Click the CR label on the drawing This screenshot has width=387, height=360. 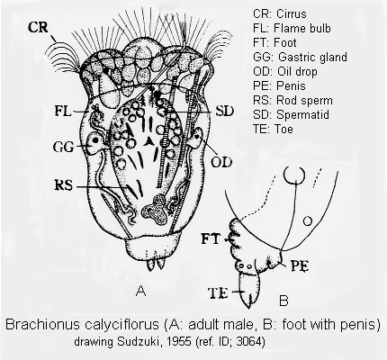38,27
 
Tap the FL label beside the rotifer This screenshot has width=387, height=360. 63,112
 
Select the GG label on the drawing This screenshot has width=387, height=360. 63,147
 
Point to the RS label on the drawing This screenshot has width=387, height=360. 64,185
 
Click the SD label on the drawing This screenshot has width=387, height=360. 224,112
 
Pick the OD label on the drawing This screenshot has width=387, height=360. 221,162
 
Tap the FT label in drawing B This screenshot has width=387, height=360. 211,239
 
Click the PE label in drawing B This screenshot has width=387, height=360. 300,266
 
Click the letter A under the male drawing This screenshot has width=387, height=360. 141,291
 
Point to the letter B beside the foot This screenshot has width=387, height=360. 283,301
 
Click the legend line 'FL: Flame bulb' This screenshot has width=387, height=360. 292,28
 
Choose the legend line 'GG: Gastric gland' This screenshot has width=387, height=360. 300,57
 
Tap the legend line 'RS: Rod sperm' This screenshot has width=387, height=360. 292,100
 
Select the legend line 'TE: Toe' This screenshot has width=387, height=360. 273,129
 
